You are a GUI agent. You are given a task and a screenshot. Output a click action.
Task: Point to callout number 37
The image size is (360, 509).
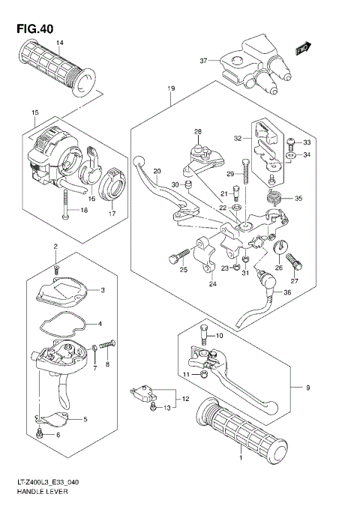pyautogui.click(x=202, y=61)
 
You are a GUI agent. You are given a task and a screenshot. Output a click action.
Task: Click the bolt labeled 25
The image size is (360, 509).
pyautogui.click(x=175, y=259)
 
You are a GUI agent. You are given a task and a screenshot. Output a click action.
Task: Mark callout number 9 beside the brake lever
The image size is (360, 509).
pyautogui.click(x=307, y=388)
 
